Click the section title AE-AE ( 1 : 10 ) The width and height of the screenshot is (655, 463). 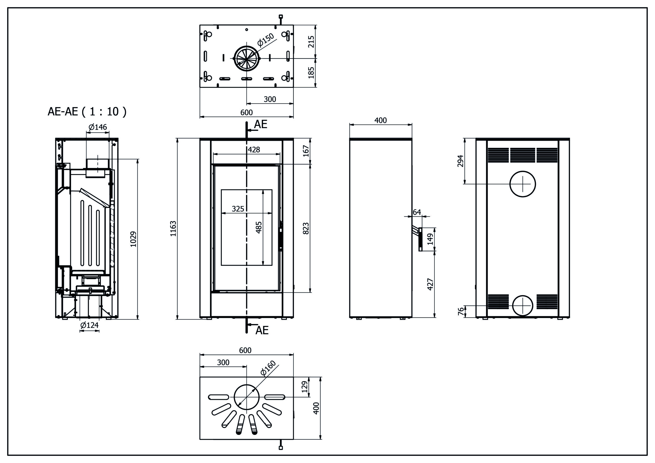pos(87,112)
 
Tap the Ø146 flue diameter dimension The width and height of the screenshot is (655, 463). pos(98,127)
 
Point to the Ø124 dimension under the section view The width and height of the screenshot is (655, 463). pos(89,325)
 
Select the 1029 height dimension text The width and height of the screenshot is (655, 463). pos(134,239)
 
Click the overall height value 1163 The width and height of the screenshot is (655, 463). pos(173,228)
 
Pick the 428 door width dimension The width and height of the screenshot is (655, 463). pos(254,149)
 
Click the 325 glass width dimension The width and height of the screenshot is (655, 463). pos(238,209)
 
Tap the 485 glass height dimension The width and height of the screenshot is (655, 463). pos(259,227)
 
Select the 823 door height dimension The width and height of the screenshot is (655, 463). pos(305,228)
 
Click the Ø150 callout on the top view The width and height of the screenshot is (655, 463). pos(266,40)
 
